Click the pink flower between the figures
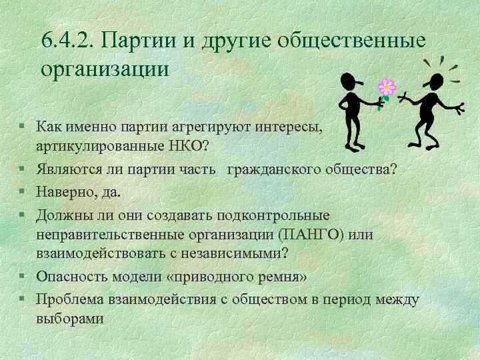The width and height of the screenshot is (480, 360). click(387, 87)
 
